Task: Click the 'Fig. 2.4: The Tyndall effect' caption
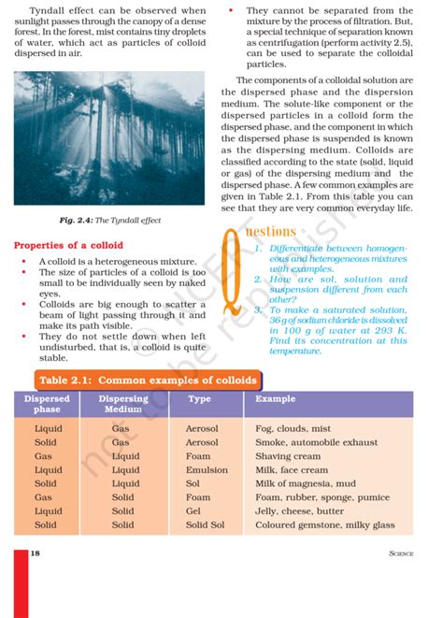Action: click(x=111, y=220)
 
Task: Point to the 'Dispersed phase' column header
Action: click(x=47, y=404)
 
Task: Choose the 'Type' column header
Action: click(x=199, y=399)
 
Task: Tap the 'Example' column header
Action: click(x=275, y=399)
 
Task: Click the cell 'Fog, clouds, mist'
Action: click(x=293, y=428)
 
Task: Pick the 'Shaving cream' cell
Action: click(x=287, y=456)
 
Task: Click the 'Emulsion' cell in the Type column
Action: click(x=206, y=470)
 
